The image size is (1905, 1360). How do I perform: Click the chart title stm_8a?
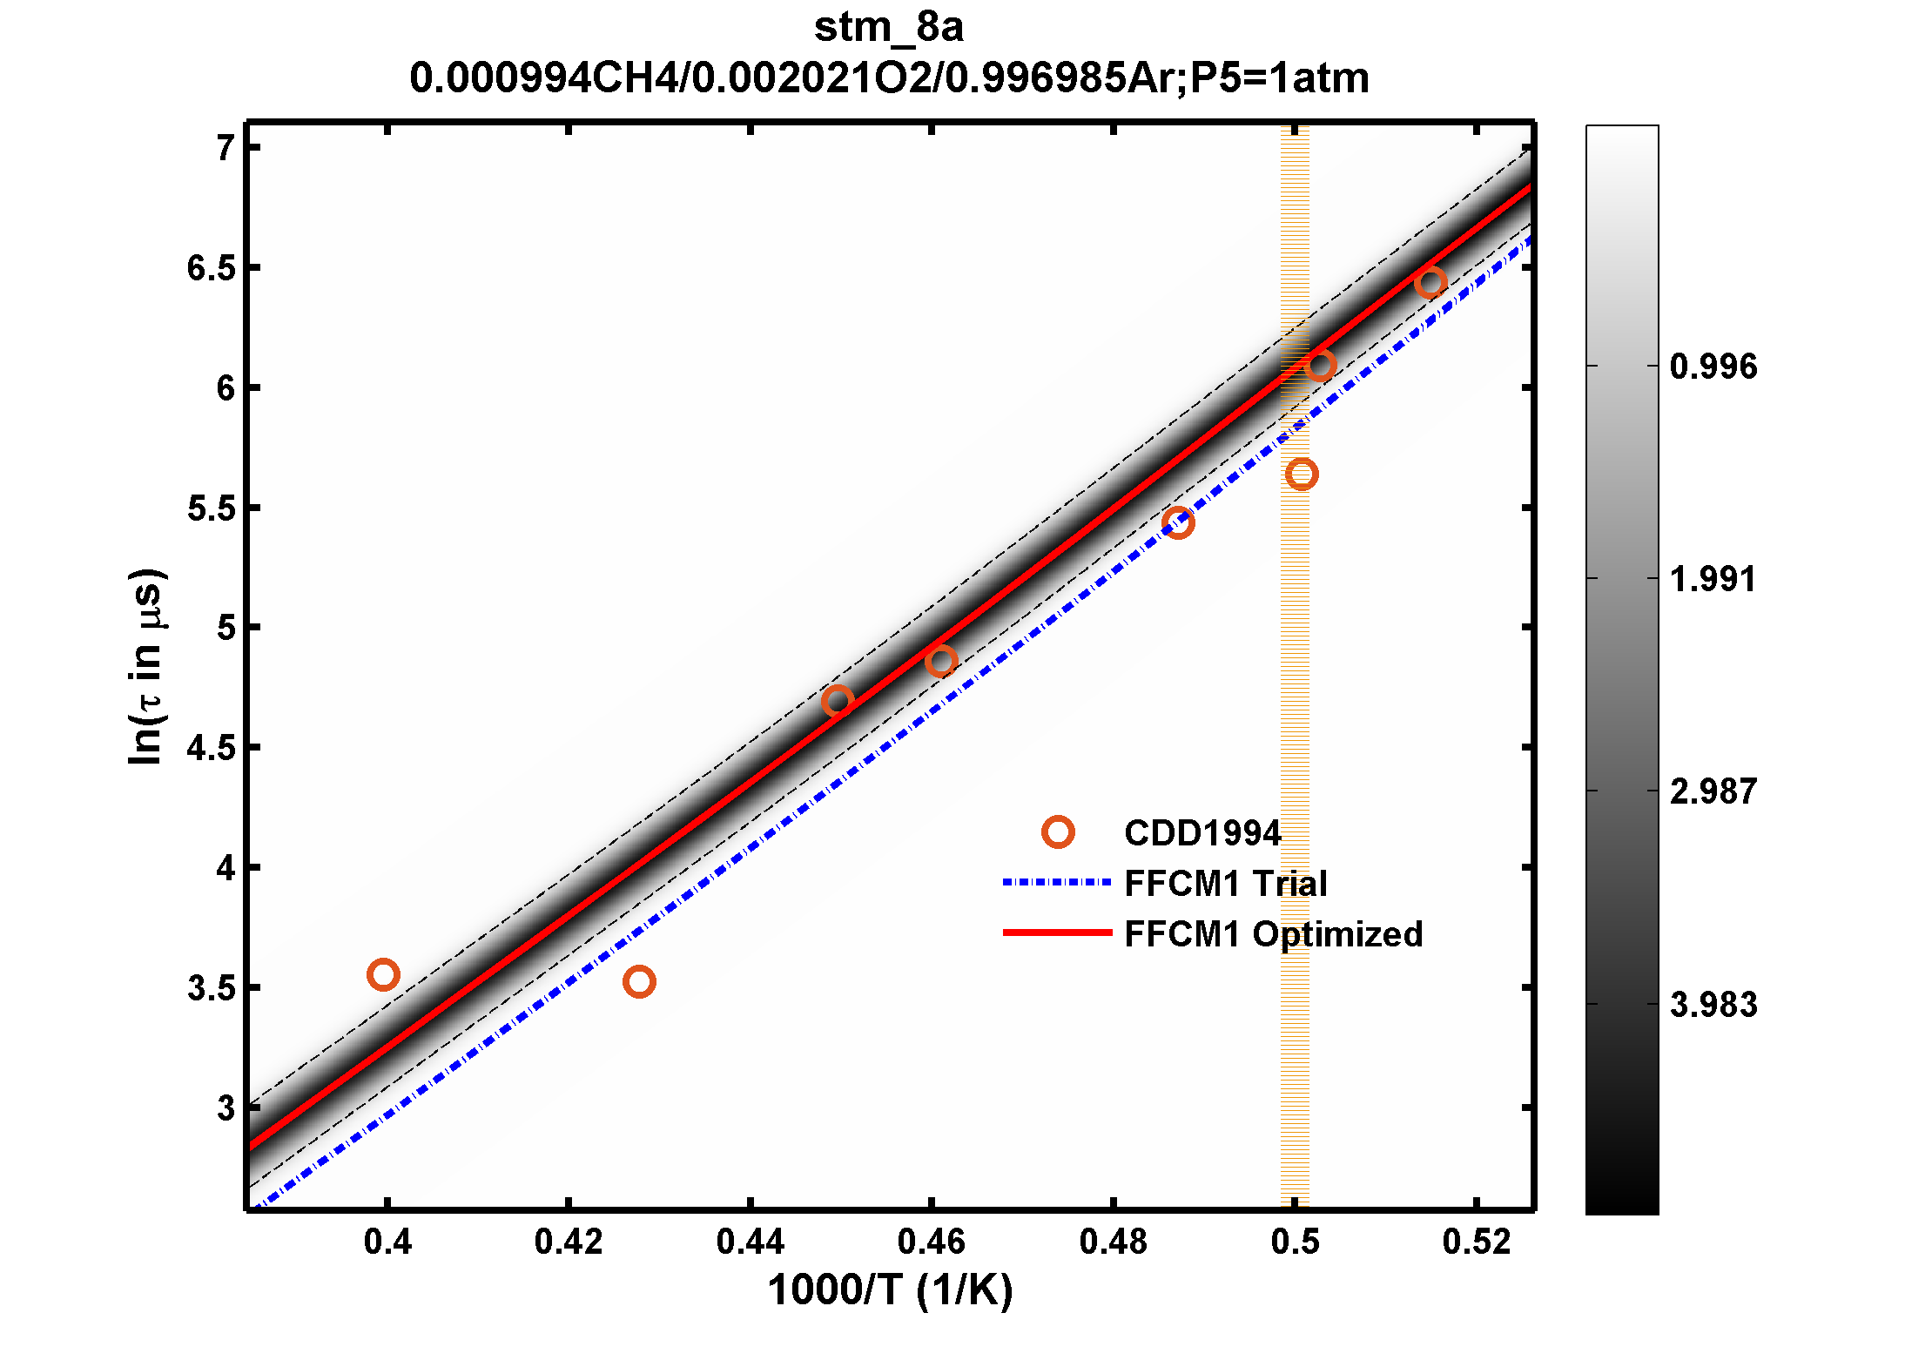pos(888,28)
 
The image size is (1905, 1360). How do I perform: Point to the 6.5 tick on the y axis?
pos(212,268)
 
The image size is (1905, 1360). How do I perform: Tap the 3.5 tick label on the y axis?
pos(212,988)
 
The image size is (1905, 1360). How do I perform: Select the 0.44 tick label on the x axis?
pos(750,1242)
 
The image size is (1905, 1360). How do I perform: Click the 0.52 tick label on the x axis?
pos(1476,1242)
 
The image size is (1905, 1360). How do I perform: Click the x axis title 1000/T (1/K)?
pos(890,1290)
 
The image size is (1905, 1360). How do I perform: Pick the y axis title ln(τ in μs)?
pos(145,667)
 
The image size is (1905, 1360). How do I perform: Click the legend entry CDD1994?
pos(1202,833)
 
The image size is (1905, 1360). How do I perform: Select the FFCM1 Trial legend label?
pos(1225,884)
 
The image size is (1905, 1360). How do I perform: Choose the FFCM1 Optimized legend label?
pos(1273,934)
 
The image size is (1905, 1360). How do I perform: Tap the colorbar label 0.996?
pos(1713,367)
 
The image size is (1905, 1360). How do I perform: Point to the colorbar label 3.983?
pos(1713,1005)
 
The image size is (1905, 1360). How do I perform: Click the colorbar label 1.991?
pos(1713,579)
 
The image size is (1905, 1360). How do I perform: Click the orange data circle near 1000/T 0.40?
pos(383,974)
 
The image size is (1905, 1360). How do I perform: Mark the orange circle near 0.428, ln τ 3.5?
pos(639,982)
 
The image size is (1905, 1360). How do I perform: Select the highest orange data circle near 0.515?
pos(1430,282)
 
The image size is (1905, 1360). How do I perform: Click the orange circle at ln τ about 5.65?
pos(1301,474)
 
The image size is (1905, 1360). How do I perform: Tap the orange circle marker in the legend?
pos(1058,832)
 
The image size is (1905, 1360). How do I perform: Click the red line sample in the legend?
pos(1057,932)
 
